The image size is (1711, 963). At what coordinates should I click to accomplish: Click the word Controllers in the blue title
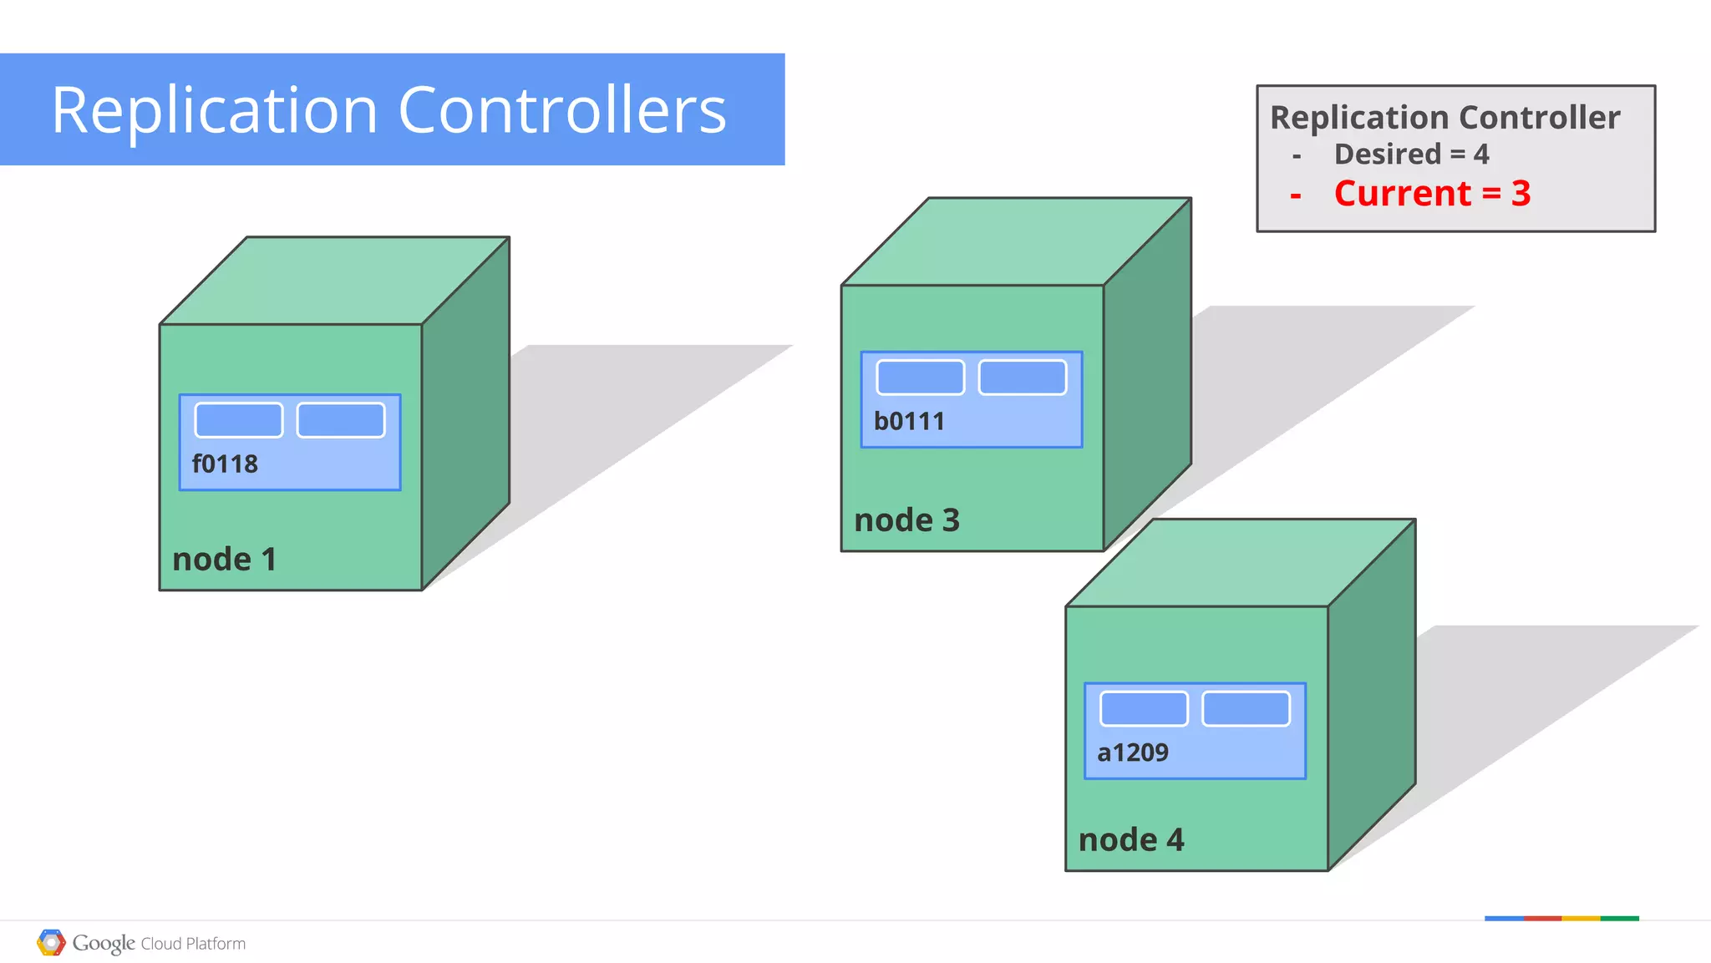(x=562, y=110)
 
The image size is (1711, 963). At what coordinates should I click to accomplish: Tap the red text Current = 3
(x=1432, y=194)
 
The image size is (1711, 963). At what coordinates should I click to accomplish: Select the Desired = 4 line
(x=1411, y=155)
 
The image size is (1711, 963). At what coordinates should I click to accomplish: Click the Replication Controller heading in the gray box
(x=1444, y=118)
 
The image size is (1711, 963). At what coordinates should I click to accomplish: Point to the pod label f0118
(x=225, y=464)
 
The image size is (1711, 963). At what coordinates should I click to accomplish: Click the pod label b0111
(x=909, y=421)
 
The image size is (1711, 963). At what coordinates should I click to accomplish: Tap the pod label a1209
(x=1132, y=753)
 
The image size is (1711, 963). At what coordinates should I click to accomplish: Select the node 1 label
(x=224, y=560)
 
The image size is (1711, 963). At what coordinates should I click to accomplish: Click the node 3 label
(x=906, y=520)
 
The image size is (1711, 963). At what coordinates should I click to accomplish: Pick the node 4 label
(x=1130, y=839)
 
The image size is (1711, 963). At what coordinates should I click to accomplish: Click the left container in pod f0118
(x=239, y=420)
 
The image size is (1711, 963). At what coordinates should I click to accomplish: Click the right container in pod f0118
(x=341, y=420)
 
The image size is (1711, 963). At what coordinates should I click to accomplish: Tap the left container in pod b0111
(x=920, y=378)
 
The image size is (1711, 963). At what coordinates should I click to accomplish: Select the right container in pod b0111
(x=1023, y=378)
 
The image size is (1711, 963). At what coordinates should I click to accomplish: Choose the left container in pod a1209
(x=1144, y=709)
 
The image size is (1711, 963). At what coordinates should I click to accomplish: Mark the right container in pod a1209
(x=1246, y=709)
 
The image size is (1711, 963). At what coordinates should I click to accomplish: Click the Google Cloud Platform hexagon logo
(x=51, y=943)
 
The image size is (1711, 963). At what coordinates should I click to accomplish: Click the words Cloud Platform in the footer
(x=193, y=944)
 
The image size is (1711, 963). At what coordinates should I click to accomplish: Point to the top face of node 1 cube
(x=334, y=281)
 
